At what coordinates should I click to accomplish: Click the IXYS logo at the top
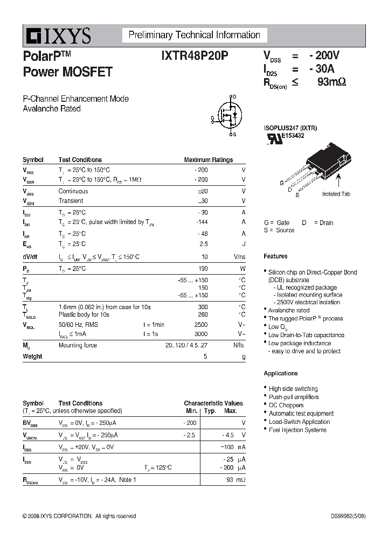[x=57, y=36]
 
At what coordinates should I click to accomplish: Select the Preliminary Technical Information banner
[x=194, y=36]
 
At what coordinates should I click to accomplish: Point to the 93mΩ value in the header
[x=331, y=82]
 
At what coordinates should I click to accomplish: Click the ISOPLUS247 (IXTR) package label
[x=290, y=128]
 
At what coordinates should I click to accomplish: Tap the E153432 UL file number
[x=292, y=136]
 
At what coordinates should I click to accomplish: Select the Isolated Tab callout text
[x=336, y=194]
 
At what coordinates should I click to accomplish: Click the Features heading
[x=275, y=256]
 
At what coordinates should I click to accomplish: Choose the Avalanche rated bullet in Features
[x=289, y=310]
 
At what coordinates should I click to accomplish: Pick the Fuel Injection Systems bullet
[x=297, y=430]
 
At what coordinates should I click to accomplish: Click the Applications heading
[x=280, y=373]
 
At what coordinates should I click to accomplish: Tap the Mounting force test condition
[x=78, y=345]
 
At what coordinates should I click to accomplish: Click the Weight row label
[x=32, y=357]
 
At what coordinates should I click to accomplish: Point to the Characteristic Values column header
[x=213, y=403]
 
